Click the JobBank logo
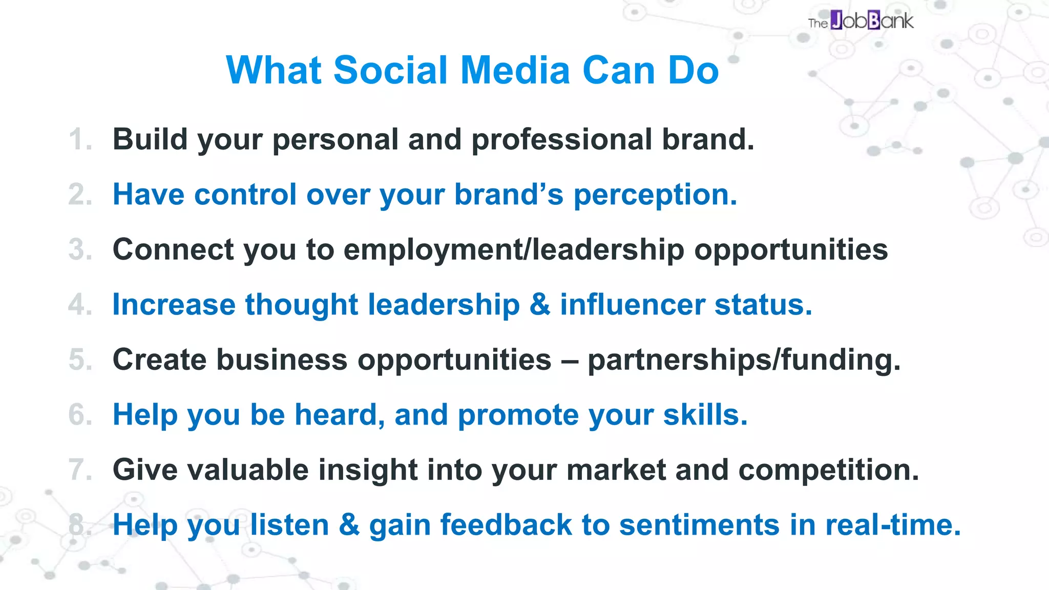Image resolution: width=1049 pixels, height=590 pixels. [861, 21]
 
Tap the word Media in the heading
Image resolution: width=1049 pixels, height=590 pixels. [515, 70]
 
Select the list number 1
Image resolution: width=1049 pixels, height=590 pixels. [79, 140]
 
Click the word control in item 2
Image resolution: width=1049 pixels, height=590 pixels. [245, 195]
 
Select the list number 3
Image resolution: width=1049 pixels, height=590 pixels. [80, 250]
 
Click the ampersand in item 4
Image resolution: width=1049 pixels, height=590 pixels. [540, 305]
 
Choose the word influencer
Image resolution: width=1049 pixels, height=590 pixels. [632, 305]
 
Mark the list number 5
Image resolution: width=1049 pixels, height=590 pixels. [80, 360]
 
